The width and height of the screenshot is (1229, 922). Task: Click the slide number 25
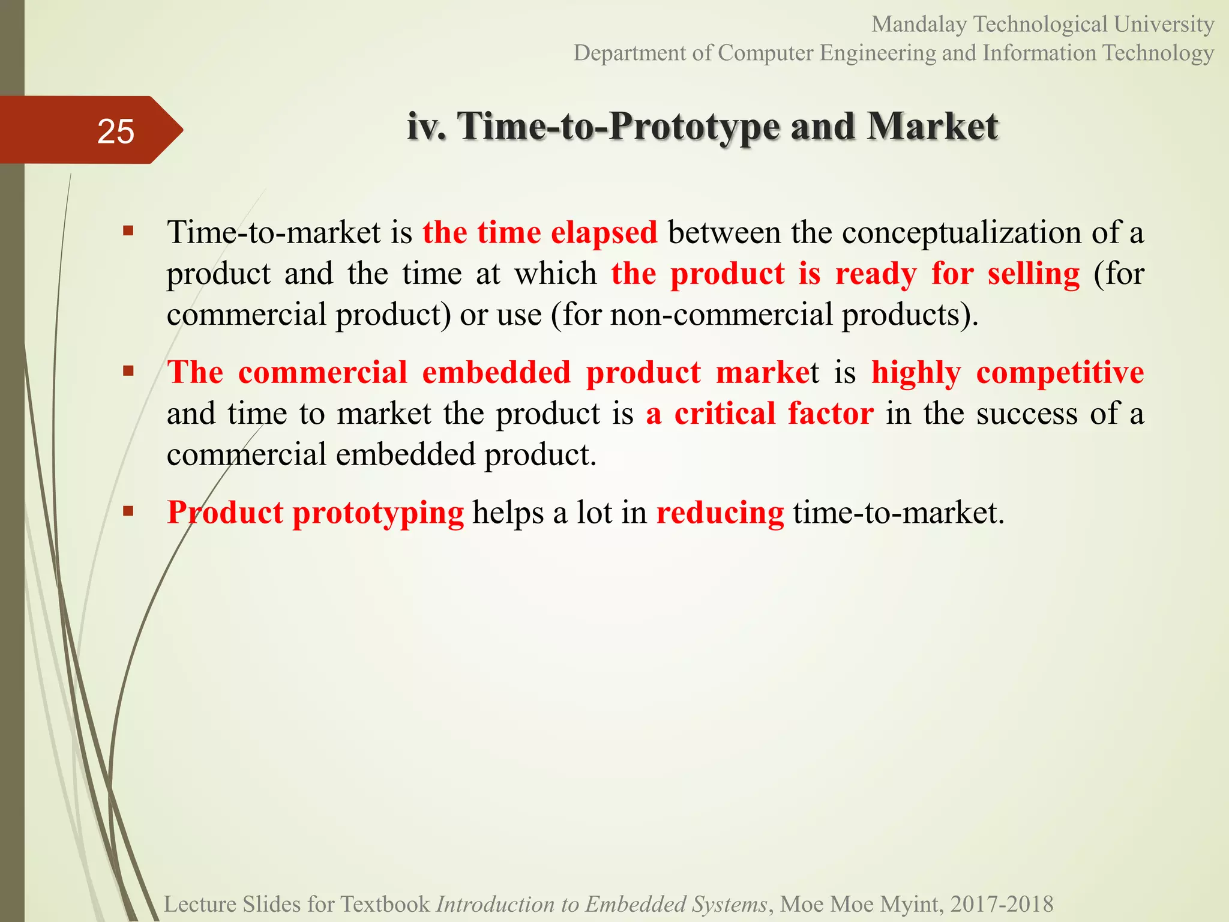(x=115, y=131)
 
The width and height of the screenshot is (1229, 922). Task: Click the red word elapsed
(x=604, y=233)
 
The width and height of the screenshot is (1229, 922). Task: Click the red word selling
(x=1033, y=274)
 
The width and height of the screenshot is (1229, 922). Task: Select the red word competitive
(x=1060, y=373)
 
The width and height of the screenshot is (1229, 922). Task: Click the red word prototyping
(x=378, y=513)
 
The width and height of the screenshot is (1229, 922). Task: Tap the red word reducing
(x=720, y=513)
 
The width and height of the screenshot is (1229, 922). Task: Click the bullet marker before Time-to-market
(x=128, y=230)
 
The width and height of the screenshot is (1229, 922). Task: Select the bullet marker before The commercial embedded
(x=128, y=370)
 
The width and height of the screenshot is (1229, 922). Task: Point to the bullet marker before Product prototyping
(x=128, y=511)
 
